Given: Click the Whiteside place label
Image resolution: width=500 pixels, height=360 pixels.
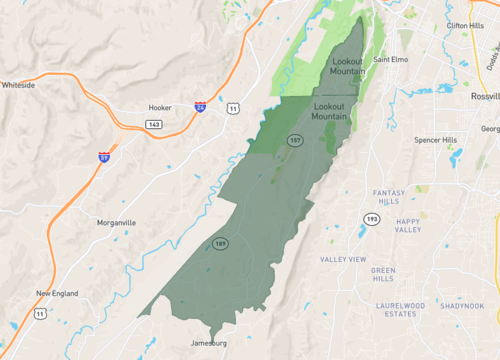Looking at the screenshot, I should (x=19, y=86).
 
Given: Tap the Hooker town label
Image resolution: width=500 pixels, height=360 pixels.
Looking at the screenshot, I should (x=161, y=107).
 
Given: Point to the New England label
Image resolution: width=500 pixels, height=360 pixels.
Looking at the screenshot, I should (x=58, y=293).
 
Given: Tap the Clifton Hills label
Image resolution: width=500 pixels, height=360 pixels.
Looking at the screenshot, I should (x=465, y=26).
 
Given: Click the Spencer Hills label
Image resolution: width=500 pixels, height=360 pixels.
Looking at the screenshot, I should (x=435, y=140).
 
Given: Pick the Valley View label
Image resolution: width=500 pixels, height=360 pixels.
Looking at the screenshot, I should (x=343, y=260).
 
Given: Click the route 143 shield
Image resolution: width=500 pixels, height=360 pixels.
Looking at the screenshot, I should (x=152, y=124).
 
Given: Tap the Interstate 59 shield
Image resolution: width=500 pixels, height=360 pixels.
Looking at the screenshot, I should (x=104, y=157).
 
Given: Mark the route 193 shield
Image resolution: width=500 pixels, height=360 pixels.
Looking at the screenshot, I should (x=372, y=219).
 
